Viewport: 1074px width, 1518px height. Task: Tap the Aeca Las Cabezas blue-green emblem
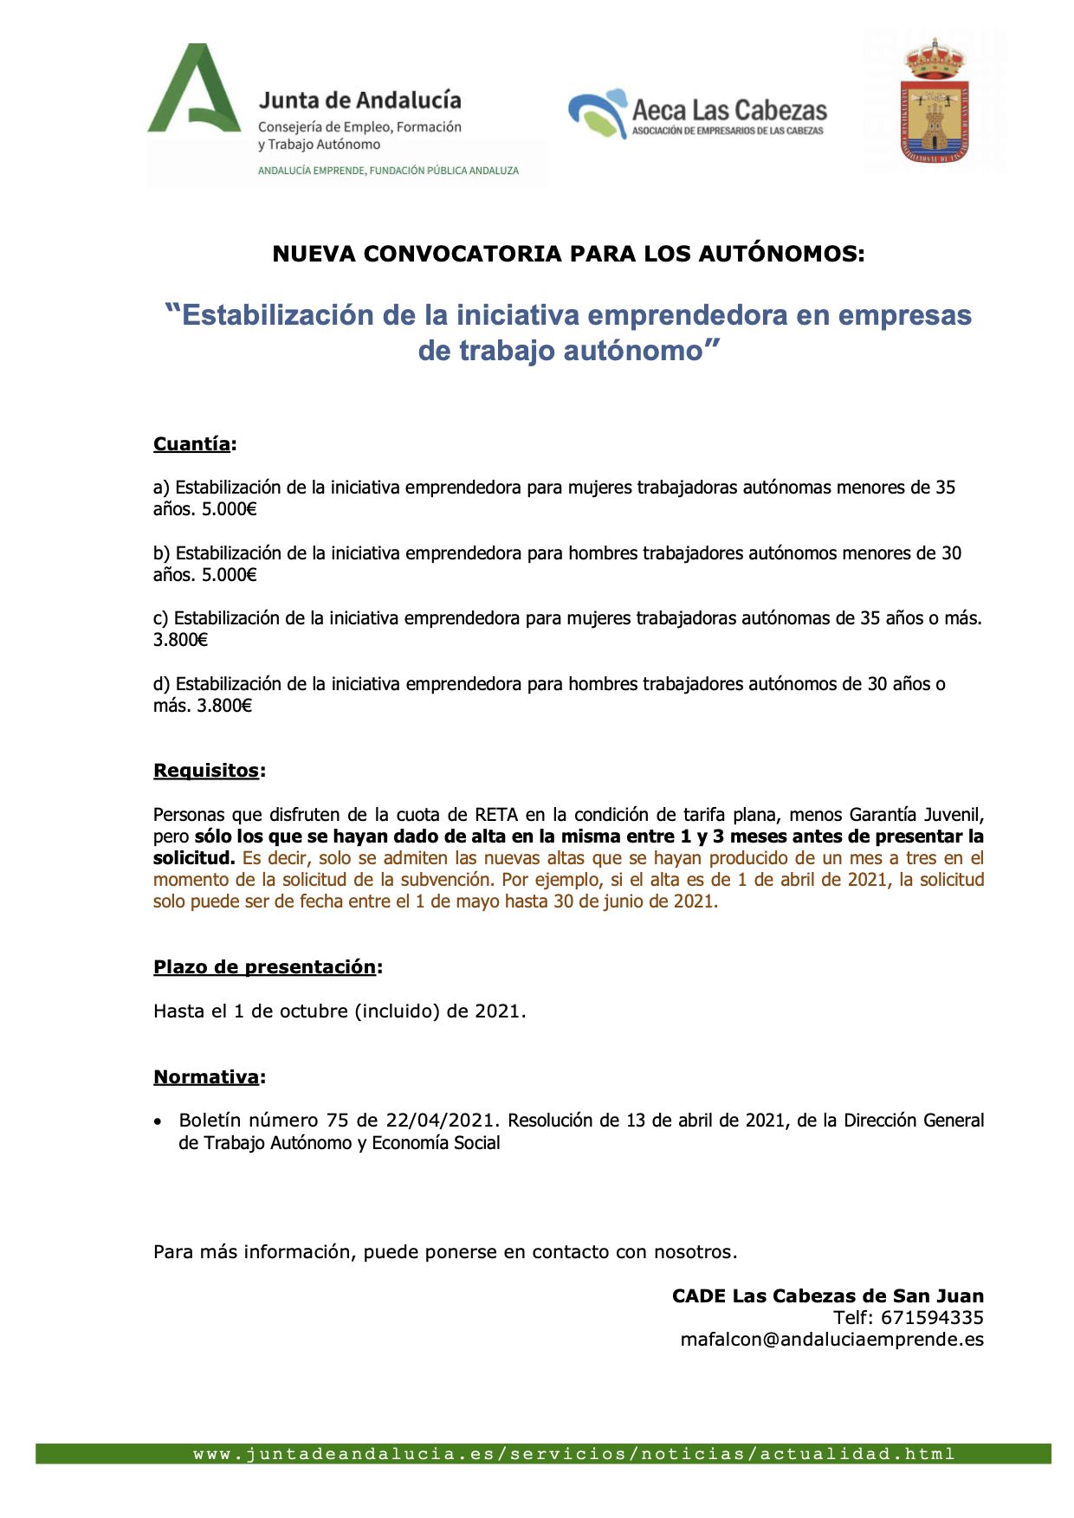tap(598, 113)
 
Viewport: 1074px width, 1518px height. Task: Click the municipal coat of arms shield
tap(935, 101)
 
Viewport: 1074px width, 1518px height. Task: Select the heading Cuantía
tap(191, 444)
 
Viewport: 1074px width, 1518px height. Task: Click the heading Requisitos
tap(206, 771)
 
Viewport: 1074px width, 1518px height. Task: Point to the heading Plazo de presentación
tap(265, 967)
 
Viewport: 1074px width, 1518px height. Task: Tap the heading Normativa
tap(206, 1077)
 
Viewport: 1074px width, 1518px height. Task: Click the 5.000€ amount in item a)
tap(230, 509)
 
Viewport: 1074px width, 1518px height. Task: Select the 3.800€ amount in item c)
tap(181, 640)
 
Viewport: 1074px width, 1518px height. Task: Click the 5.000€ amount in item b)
tap(230, 575)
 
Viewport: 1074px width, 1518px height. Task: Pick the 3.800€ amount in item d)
tap(224, 706)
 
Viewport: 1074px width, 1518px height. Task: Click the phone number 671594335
tap(932, 1318)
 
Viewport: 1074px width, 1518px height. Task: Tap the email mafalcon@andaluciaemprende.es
tap(831, 1340)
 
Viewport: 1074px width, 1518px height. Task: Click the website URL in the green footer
tap(573, 1454)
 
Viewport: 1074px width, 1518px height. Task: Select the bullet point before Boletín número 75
tap(158, 1121)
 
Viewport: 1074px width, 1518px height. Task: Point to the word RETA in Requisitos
tap(496, 815)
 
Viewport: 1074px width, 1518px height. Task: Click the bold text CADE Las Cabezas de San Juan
tap(827, 1296)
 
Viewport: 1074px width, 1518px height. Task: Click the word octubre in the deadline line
tap(314, 1011)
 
